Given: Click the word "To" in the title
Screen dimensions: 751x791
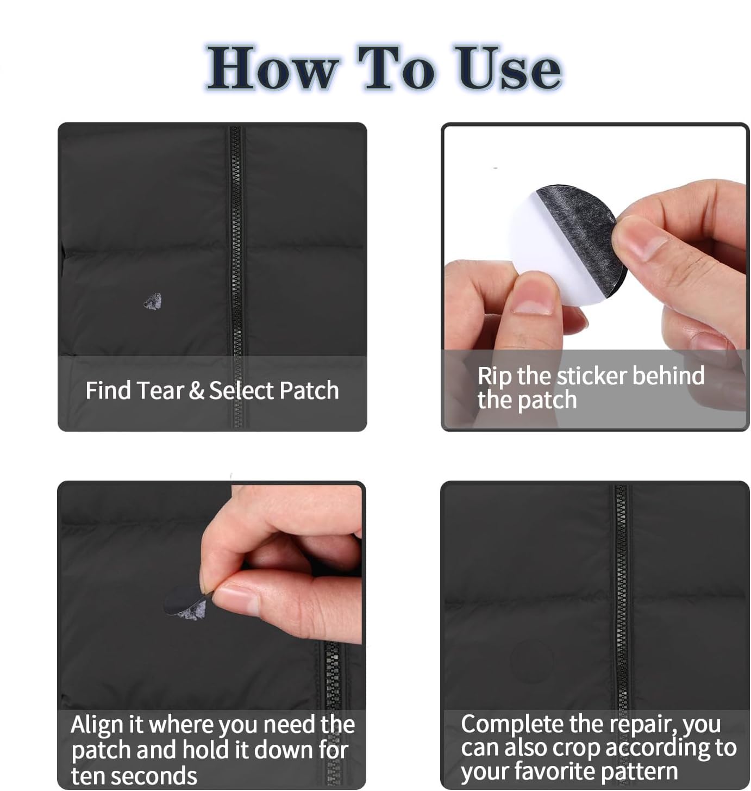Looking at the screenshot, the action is coord(397,68).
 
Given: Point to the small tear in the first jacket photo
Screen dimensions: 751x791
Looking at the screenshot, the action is coord(153,302).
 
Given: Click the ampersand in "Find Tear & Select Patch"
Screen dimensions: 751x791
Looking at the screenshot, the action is coord(196,390).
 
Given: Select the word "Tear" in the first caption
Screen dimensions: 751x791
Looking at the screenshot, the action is coord(160,390).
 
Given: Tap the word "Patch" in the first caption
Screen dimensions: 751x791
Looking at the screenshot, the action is coord(309,390).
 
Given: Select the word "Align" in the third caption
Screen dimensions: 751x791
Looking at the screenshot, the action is coord(97,725).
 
